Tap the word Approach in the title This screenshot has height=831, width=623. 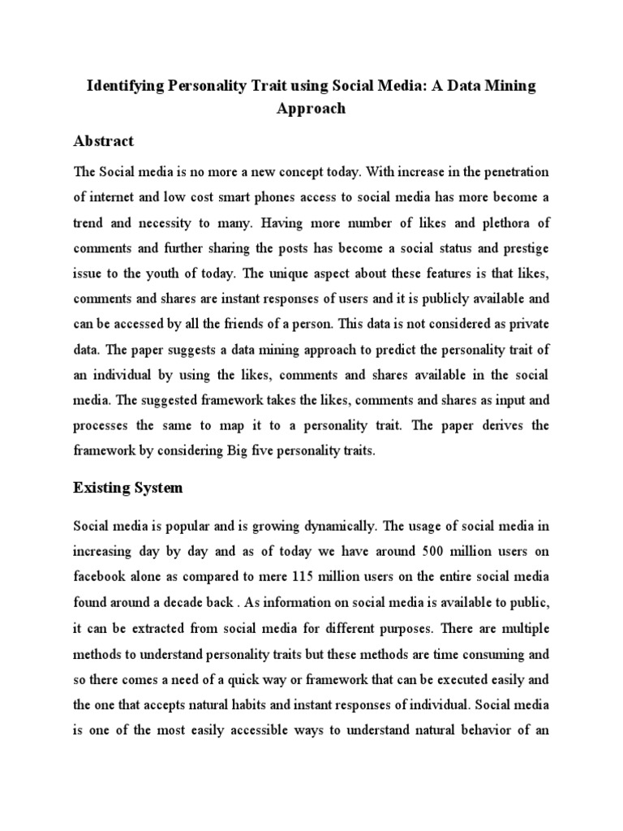coord(311,109)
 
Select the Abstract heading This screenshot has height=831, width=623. coord(104,141)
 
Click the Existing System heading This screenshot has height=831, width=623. coord(128,489)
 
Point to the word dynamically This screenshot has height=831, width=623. coord(307,527)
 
